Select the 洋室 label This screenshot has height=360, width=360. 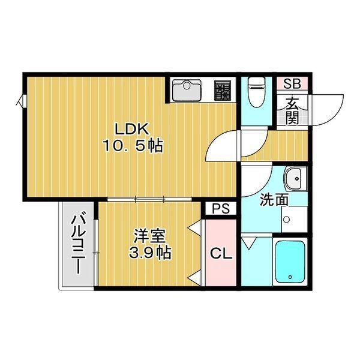pyautogui.click(x=146, y=235)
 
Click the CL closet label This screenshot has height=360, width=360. pyautogui.click(x=220, y=254)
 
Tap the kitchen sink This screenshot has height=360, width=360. pyautogui.click(x=187, y=92)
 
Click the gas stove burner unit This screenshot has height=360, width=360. pyautogui.click(x=224, y=91)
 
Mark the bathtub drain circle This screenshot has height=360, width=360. pyautogui.click(x=290, y=277)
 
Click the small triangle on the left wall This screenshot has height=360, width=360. pyautogui.click(x=22, y=102)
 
